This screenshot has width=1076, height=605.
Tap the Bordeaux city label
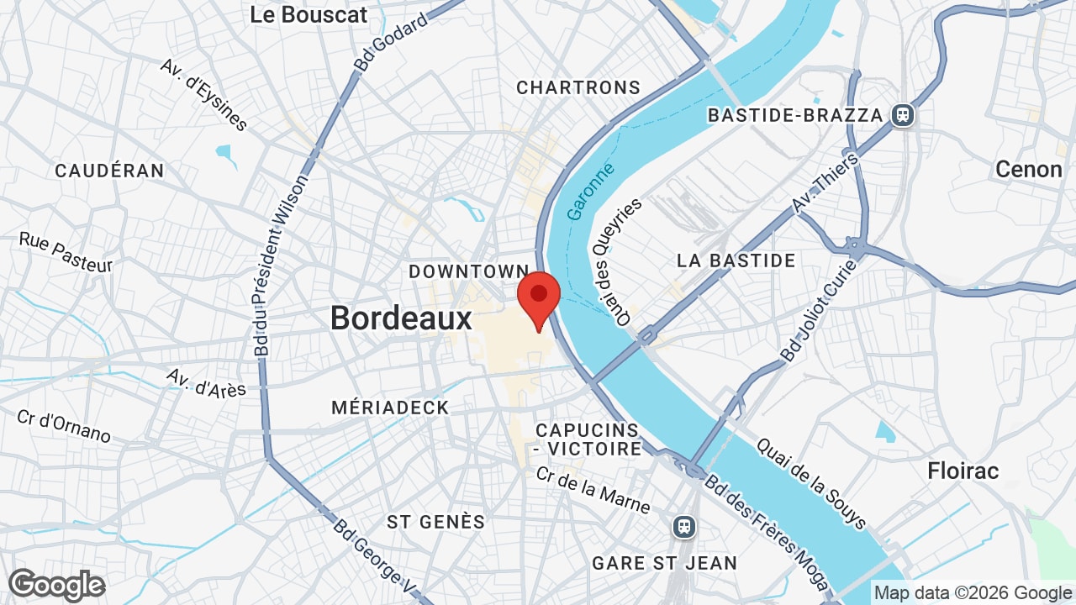coord(401,318)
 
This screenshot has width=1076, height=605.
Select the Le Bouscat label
coord(309,14)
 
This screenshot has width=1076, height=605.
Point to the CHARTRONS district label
coord(578,87)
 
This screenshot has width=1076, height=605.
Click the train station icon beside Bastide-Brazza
coord(904,114)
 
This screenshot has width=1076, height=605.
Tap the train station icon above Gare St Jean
coord(685,527)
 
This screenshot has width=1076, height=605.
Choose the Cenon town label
coord(1029,169)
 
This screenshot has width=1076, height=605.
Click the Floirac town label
coord(963,471)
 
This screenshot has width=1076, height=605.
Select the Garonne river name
coord(590,192)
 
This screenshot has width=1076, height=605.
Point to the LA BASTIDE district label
coord(736,260)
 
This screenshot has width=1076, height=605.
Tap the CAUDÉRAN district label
coord(109,171)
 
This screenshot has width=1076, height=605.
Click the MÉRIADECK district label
coord(390,408)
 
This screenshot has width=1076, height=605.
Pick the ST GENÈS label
coord(435,522)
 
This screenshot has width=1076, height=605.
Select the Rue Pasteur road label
coord(66,251)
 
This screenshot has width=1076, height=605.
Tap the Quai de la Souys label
coord(810,483)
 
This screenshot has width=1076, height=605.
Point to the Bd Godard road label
coord(391,41)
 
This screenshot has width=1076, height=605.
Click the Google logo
coord(56,585)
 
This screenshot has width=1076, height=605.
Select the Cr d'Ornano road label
coord(64,426)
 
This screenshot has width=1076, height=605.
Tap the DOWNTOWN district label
coord(468,271)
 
